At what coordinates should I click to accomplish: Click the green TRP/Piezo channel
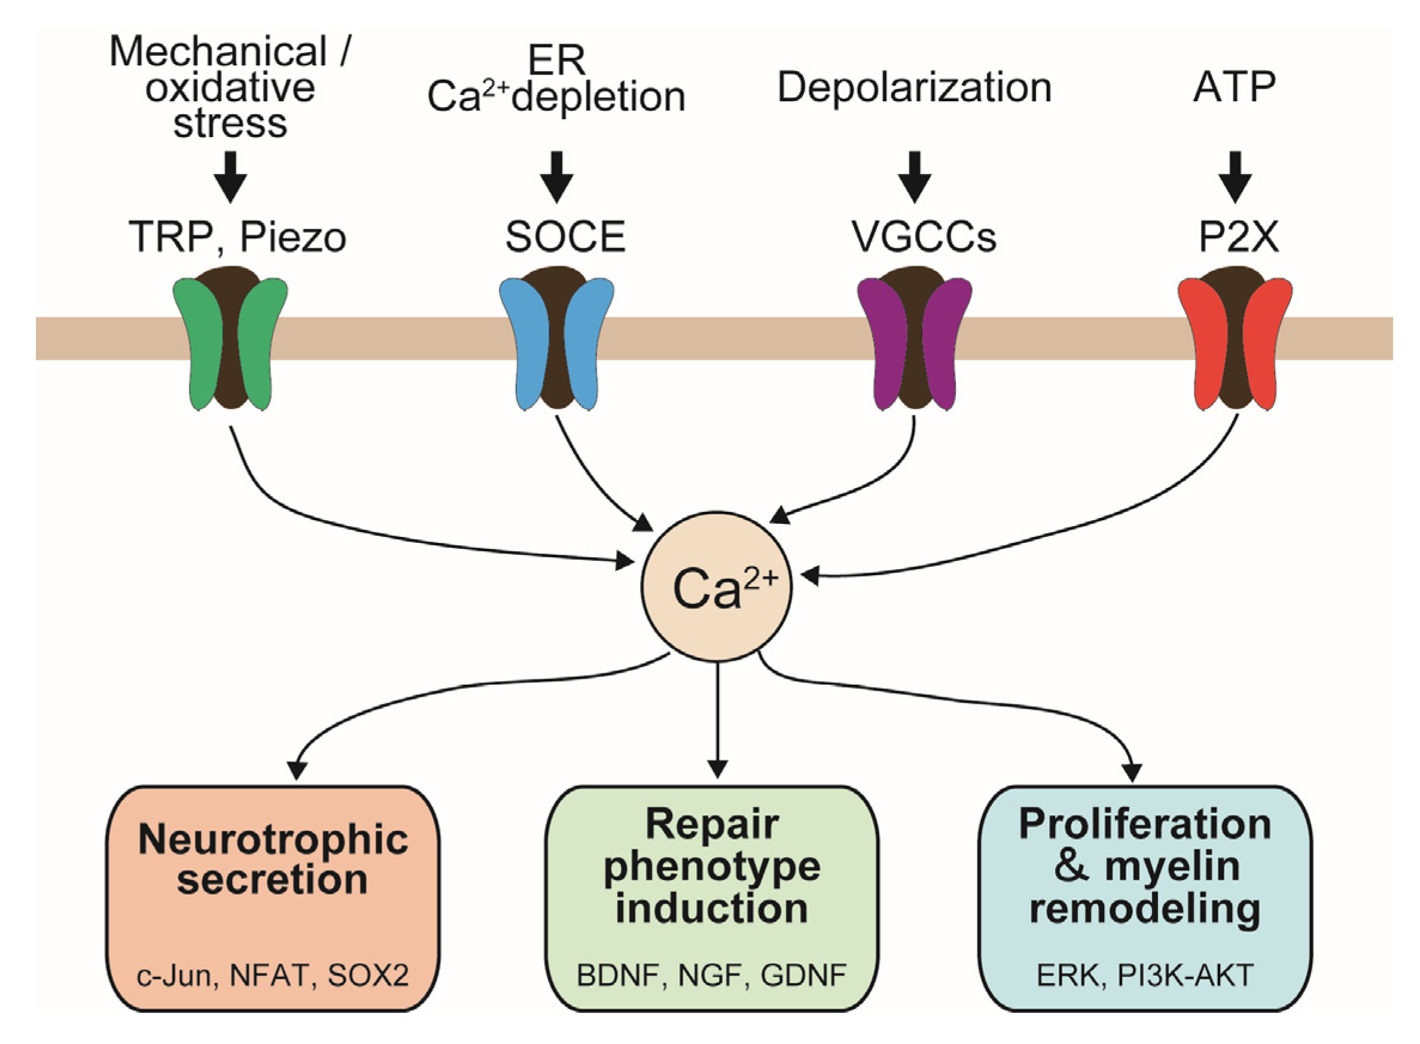coord(230,338)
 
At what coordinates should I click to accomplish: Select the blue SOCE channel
coord(556,338)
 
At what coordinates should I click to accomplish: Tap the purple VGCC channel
coord(914,338)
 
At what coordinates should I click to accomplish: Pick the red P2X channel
coord(1235,338)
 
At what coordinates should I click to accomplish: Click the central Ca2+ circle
coord(717,587)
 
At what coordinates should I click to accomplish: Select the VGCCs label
coord(923,237)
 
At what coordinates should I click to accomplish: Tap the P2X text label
coord(1239,237)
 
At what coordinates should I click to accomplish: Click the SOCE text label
coord(565,237)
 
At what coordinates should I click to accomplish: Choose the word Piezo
coord(292,237)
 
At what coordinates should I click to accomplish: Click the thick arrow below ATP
coord(1235,177)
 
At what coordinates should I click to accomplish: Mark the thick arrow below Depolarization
coord(914,177)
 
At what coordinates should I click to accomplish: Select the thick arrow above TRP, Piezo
coord(230,177)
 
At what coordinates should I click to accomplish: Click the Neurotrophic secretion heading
coord(273,859)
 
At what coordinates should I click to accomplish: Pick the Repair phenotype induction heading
coord(712,866)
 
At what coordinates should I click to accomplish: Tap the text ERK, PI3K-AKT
coord(1144,976)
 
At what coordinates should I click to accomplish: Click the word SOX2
coord(368,976)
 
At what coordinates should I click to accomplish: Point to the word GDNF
coord(803,976)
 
